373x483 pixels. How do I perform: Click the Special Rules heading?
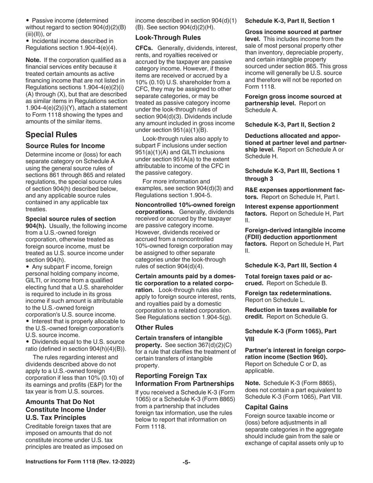51,135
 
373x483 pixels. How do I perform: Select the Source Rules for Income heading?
65,146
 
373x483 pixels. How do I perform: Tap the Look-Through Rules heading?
168,38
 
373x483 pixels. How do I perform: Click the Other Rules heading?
154,327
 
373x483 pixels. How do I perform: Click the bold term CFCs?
144,48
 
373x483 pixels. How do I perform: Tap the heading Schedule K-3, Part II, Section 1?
290,20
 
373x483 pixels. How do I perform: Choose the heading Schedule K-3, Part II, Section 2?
290,124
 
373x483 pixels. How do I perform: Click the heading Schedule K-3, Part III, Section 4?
291,265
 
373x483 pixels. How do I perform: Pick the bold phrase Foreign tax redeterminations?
288,293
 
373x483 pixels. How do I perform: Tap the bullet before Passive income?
27,20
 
